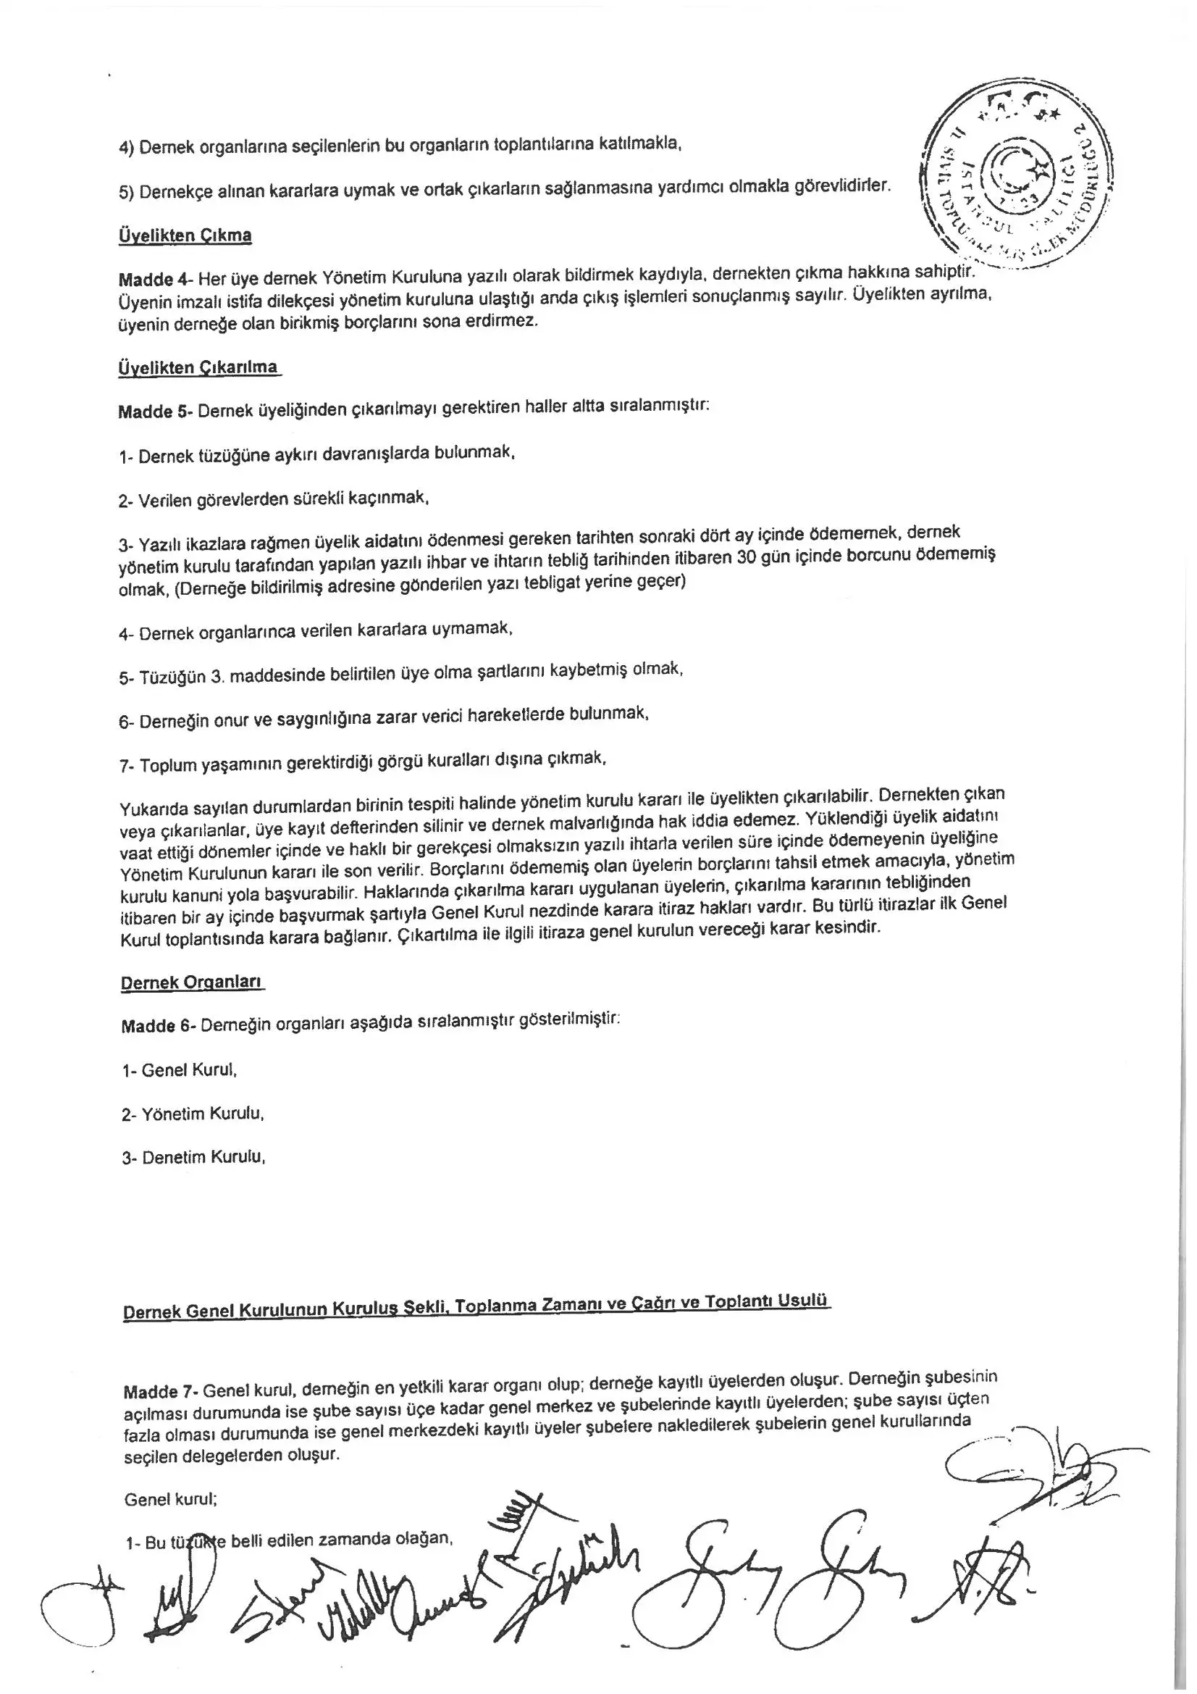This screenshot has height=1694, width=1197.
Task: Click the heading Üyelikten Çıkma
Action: tap(185, 236)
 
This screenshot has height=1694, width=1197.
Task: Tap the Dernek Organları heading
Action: tap(192, 982)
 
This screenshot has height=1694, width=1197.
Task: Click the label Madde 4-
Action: tap(156, 280)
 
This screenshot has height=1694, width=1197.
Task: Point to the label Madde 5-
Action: tap(156, 412)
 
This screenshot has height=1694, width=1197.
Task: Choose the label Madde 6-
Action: tap(157, 1026)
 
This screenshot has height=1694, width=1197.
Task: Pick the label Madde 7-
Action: tap(160, 1391)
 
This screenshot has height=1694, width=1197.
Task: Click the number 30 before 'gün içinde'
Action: tap(746, 558)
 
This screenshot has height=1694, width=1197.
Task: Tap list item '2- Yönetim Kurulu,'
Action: tap(193, 1114)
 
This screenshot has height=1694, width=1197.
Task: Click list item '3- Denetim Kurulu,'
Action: tap(193, 1157)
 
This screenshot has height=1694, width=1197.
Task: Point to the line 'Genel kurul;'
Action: tap(170, 1499)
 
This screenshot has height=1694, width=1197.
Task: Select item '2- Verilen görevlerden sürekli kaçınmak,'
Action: tap(274, 499)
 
